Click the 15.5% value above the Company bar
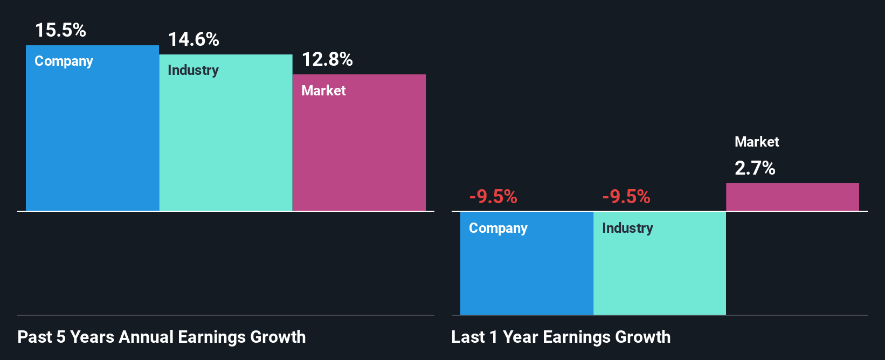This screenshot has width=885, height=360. [x=60, y=30]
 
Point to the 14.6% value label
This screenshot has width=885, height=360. [x=193, y=39]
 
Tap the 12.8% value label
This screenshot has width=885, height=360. [x=327, y=59]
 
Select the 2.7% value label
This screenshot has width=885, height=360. [x=755, y=168]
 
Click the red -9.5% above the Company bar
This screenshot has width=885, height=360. [x=493, y=197]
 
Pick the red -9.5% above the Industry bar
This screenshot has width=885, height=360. [x=626, y=197]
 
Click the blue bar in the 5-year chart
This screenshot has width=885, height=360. [x=92, y=140]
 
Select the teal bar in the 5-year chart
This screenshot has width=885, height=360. [x=226, y=146]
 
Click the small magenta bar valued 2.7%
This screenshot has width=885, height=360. [x=792, y=197]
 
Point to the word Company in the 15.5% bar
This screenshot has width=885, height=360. [x=64, y=61]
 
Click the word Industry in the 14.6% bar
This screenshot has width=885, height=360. [x=193, y=71]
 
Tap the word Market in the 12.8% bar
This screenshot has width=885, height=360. [x=323, y=91]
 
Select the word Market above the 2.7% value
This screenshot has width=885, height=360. [x=757, y=142]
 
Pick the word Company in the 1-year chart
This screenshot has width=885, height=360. [x=498, y=229]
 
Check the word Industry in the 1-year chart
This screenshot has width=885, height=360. [x=627, y=229]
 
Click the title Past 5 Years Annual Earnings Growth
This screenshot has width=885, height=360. [x=162, y=337]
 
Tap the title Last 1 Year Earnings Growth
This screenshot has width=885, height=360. [x=561, y=337]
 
